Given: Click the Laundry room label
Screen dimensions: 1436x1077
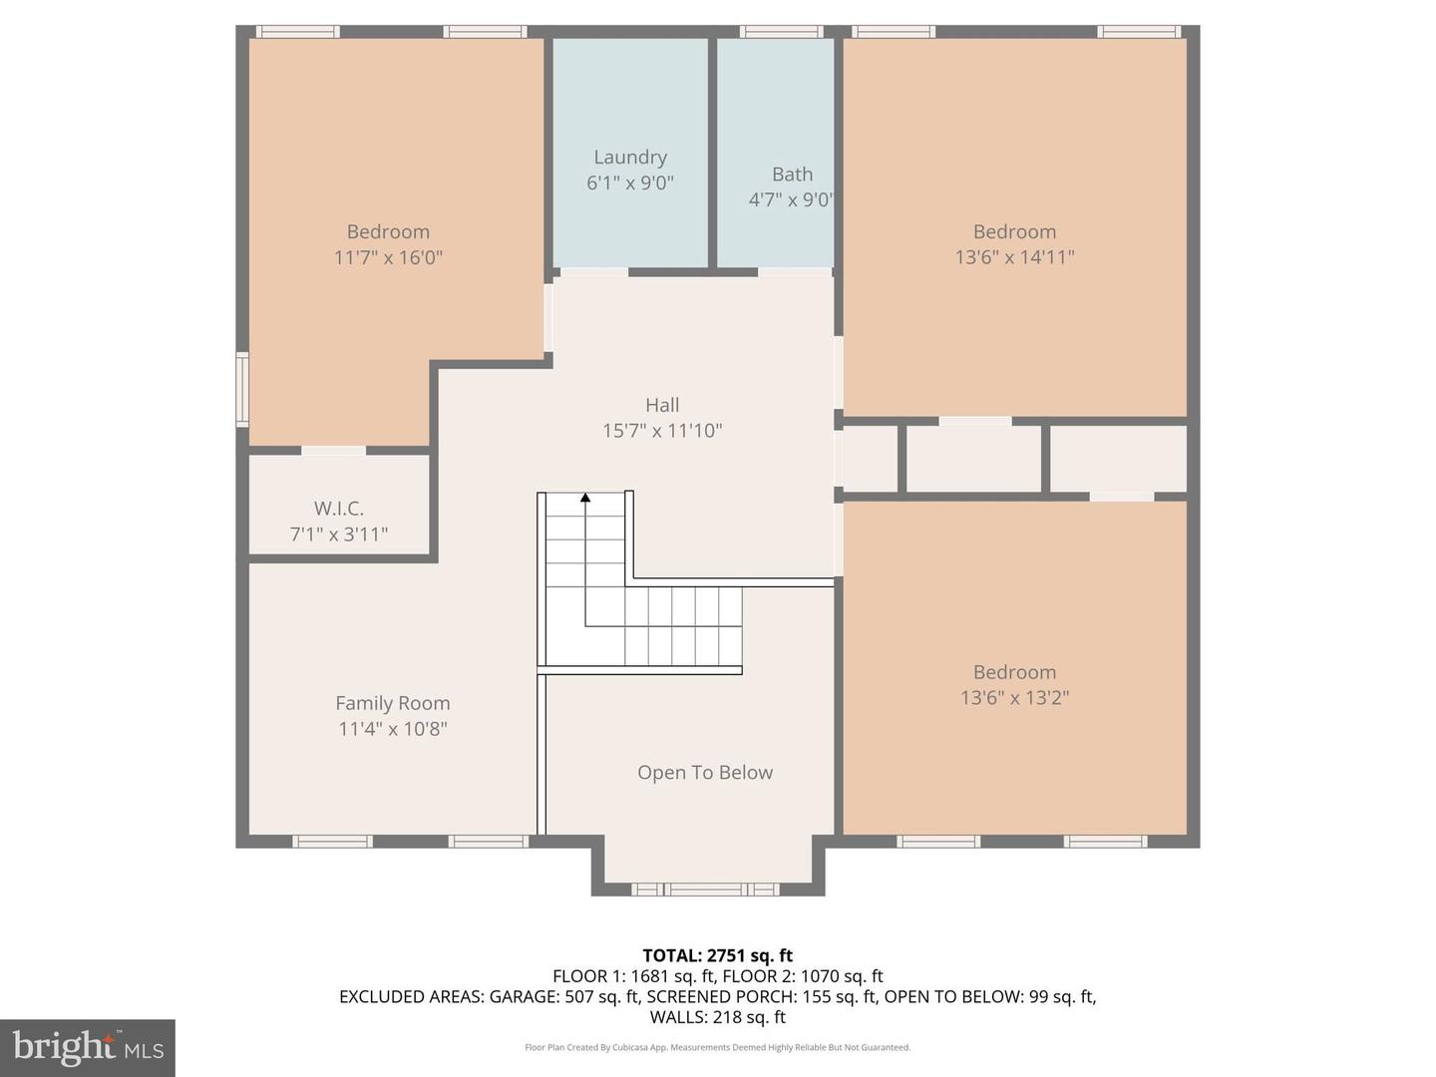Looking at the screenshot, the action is click(630, 158).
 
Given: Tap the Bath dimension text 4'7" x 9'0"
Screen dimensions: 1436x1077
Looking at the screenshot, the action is click(791, 199).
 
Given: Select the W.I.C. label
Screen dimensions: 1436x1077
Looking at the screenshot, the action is click(339, 509).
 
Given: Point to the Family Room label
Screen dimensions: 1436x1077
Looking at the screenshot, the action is click(393, 703).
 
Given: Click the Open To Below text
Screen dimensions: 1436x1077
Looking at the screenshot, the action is click(705, 772).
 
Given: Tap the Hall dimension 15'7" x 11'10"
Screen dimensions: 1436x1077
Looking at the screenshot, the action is click(662, 430).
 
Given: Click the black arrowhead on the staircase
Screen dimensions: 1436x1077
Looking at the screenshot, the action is click(585, 498).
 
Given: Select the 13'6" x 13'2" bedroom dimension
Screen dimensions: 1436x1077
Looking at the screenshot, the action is click(1015, 697).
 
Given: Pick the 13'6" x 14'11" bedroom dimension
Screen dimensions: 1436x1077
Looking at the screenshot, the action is click(1015, 256).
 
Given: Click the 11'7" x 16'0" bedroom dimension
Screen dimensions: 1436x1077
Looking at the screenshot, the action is click(389, 257).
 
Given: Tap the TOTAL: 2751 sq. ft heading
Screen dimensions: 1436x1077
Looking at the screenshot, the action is click(718, 955).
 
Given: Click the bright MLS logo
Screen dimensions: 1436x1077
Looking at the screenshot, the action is click(88, 1047).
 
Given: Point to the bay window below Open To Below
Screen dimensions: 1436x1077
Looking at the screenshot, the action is click(705, 889).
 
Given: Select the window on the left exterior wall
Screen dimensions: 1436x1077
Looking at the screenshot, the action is click(242, 390).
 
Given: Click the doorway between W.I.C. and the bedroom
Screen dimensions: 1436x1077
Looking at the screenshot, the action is click(334, 451).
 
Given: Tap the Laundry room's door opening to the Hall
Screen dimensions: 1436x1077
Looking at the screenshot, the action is click(594, 272).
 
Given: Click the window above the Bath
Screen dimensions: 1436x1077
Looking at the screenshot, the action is click(782, 31).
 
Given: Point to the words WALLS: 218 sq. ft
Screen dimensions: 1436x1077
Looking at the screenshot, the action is click(718, 1017).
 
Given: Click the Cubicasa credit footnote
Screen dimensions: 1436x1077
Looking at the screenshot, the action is click(718, 1047).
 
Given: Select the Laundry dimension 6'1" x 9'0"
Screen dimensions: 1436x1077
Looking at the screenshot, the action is click(630, 182).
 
